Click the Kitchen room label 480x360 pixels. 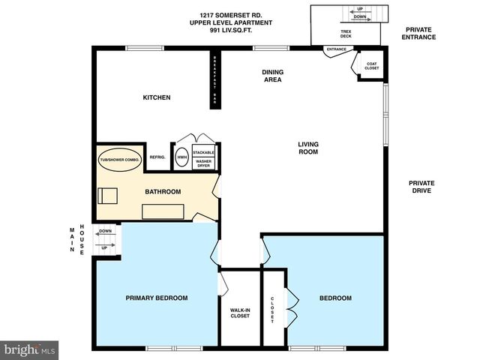pos(157,97)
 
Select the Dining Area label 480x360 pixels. pos(271,76)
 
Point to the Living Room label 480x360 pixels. pos(308,148)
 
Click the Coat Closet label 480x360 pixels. pos(372,67)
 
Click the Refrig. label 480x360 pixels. pos(157,157)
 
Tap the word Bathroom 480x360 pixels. pos(163,191)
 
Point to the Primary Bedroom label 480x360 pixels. pos(156,298)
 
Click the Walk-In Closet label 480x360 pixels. pos(239,313)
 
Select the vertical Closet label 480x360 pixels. pos(272,310)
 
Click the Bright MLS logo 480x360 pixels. pos(30,349)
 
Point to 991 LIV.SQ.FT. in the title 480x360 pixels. pos(230,31)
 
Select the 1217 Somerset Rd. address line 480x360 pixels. pos(230,15)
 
